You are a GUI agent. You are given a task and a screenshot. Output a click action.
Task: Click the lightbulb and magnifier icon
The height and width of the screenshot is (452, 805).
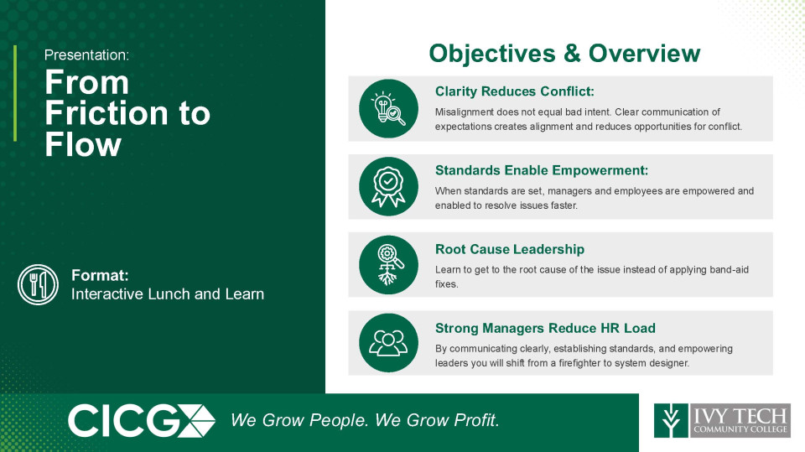pos(388,108)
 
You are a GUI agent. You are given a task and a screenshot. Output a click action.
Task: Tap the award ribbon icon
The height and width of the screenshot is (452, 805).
pos(388,186)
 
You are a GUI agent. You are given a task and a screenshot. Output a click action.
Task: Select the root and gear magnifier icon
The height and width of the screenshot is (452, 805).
pos(388,265)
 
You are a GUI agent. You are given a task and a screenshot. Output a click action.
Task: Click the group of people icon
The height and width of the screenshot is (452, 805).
pos(388,343)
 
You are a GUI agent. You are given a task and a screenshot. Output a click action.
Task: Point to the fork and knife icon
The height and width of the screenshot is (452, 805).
pos(38,284)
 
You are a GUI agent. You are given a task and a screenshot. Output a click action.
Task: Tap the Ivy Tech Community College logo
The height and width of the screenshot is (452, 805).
pos(722,421)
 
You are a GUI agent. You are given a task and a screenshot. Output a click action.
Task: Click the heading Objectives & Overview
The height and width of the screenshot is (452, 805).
pos(564,54)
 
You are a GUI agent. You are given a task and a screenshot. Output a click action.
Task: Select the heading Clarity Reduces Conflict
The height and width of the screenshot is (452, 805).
pos(514,91)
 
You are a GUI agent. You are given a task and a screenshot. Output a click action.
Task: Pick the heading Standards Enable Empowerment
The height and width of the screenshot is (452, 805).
pos(542,170)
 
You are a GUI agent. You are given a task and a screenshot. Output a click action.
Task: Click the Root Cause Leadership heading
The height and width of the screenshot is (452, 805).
pos(510,249)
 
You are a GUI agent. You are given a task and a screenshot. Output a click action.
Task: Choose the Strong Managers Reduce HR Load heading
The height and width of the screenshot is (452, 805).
pos(545,328)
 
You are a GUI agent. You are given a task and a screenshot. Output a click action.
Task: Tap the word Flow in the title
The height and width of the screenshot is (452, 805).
pos(83,145)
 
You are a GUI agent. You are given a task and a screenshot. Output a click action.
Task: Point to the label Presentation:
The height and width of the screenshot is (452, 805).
pos(86,55)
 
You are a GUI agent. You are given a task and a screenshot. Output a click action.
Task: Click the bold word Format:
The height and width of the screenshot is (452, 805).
pos(100,275)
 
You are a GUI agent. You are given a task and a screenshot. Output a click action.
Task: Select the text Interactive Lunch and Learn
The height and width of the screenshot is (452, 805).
pos(168,294)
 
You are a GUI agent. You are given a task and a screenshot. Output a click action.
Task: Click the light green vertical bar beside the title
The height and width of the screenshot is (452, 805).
pos(15,93)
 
